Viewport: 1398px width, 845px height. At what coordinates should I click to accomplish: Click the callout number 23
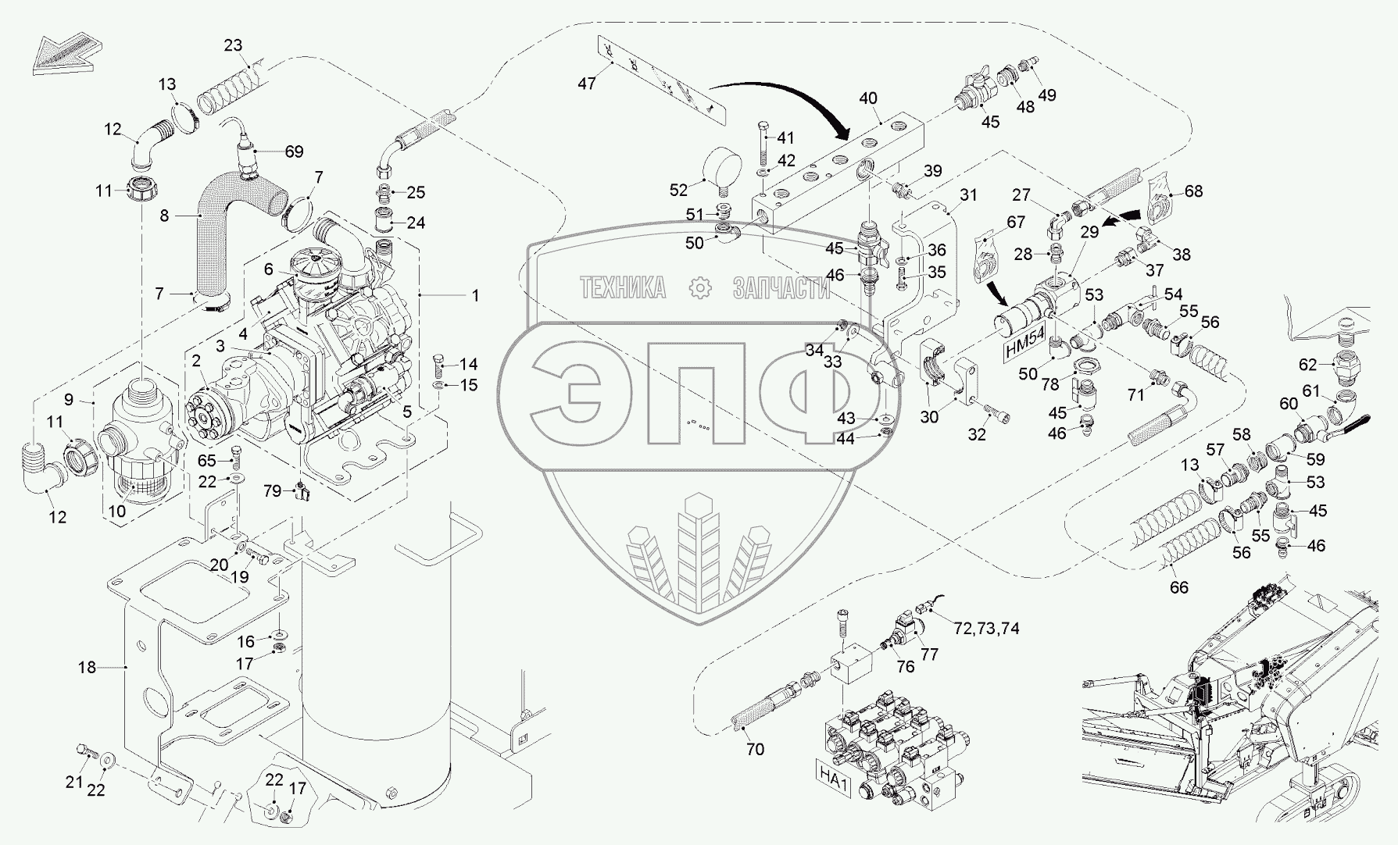click(x=234, y=45)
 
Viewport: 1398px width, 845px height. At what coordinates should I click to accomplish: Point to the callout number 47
click(x=587, y=83)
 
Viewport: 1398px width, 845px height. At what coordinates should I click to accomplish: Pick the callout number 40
click(x=868, y=99)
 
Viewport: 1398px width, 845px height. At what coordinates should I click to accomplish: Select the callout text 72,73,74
click(x=986, y=627)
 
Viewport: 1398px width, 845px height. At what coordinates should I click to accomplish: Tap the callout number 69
click(x=294, y=152)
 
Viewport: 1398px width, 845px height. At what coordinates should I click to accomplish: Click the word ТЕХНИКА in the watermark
click(x=622, y=288)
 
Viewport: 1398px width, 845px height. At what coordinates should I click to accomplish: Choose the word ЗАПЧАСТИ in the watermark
click(x=781, y=288)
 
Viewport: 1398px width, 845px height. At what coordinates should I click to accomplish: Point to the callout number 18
click(x=87, y=667)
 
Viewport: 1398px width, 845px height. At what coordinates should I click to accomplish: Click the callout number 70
click(x=755, y=749)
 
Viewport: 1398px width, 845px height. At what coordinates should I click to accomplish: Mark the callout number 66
click(x=1178, y=587)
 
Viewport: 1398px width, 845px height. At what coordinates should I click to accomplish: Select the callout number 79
click(x=272, y=490)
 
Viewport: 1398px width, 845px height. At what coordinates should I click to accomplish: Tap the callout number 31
click(x=969, y=195)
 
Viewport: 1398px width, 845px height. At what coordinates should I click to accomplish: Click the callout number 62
click(x=1308, y=364)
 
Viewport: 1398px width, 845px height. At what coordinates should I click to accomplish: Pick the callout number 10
click(x=116, y=512)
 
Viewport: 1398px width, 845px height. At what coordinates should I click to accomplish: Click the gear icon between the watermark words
click(x=700, y=288)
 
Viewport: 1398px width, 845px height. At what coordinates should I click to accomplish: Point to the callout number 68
click(x=1193, y=191)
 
